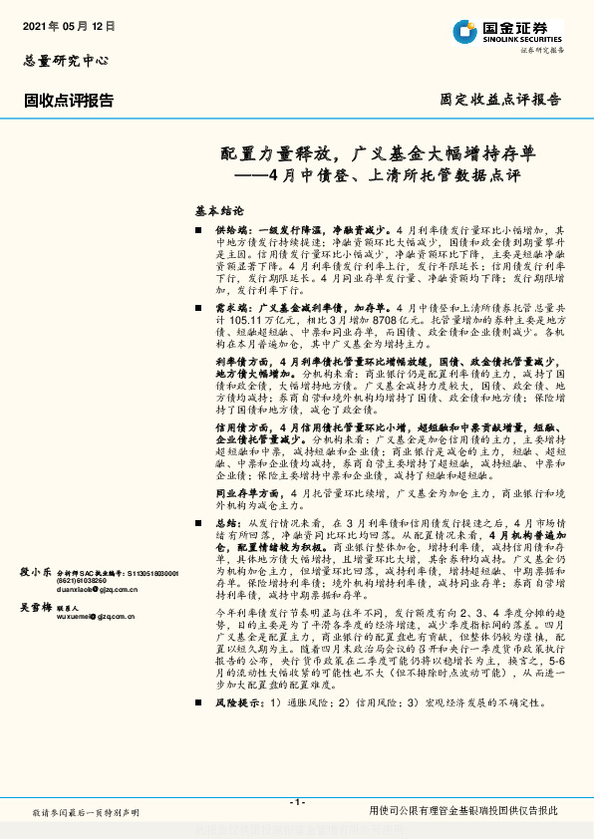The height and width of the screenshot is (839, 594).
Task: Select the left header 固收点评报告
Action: click(69, 100)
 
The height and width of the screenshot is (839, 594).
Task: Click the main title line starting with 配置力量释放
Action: click(378, 153)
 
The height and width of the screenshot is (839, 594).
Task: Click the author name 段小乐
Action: click(36, 572)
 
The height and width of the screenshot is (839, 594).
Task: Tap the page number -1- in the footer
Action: click(296, 802)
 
